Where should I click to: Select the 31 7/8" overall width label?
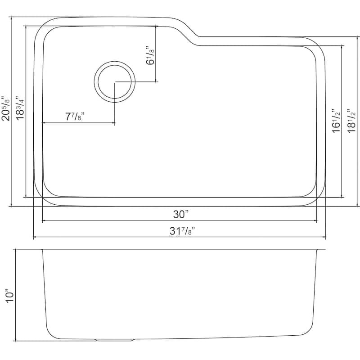pos(182,231)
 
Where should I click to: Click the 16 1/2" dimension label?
pos(335,121)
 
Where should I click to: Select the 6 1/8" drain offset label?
pos(150,55)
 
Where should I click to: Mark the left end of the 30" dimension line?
pos(42,220)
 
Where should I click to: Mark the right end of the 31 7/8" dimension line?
pos(325,237)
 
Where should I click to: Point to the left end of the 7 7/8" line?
pos(42,122)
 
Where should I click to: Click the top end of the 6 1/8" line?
pos(156,26)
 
